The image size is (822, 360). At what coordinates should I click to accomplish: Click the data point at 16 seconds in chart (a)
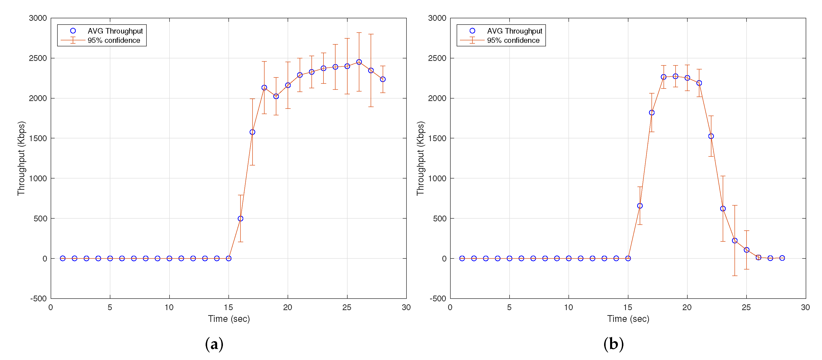pos(240,219)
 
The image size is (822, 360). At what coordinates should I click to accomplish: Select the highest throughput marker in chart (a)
pos(359,62)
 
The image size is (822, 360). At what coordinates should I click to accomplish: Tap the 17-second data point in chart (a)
pos(252,132)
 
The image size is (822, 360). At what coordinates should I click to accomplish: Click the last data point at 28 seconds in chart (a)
pos(383,79)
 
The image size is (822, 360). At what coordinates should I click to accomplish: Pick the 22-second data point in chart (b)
pos(711,136)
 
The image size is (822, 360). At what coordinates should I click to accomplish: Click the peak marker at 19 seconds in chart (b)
pos(675,76)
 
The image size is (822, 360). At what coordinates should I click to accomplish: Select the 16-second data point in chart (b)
pos(640,206)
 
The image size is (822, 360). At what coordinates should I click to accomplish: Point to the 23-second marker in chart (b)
pos(723,209)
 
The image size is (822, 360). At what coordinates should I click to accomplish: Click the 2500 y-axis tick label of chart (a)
pos(38,58)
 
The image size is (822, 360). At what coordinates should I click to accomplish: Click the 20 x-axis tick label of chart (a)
pos(288,307)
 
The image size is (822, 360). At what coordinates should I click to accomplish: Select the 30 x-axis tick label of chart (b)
pos(805,307)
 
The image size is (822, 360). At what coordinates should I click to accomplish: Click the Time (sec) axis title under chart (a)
pos(229,319)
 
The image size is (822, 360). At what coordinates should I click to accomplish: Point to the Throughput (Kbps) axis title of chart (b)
pos(420,158)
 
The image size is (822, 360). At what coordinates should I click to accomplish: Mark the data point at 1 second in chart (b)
pos(462,258)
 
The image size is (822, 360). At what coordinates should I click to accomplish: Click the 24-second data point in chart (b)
pos(734,241)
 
